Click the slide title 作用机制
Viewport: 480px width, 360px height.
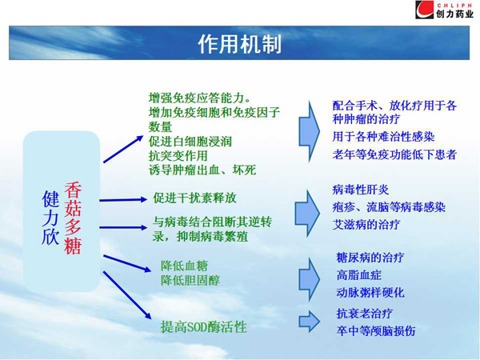tap(240, 44)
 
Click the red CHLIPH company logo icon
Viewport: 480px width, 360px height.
tap(424, 10)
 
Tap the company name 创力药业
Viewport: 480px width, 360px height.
tap(454, 14)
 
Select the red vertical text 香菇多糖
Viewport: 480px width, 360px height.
tap(73, 218)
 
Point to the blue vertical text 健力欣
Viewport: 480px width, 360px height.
tap(50, 218)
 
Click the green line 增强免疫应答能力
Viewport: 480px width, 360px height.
tap(199, 98)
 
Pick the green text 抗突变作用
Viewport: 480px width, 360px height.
tap(178, 156)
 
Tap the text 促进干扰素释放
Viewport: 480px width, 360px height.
tap(194, 198)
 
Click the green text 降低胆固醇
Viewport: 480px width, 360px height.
tap(190, 280)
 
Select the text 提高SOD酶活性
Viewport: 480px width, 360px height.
tap(203, 327)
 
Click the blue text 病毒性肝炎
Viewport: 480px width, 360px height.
tap(361, 190)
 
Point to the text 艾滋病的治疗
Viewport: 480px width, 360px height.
tap(366, 225)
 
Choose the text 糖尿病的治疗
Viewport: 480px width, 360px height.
tap(370, 258)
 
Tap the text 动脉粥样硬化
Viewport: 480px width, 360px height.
tap(370, 292)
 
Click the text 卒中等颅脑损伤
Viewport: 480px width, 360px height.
tap(376, 330)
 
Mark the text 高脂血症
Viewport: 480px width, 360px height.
tap(358, 275)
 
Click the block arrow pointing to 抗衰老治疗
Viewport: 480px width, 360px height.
tap(310, 322)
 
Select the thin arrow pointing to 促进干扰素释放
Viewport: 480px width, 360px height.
tap(123, 200)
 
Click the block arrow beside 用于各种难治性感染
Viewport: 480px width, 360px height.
tap(309, 132)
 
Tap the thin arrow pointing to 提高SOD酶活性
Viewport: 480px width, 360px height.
tap(127, 295)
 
